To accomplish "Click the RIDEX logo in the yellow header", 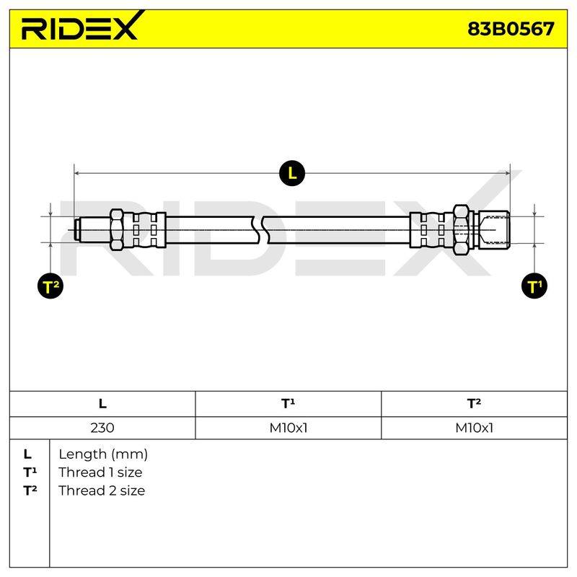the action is [x=83, y=27].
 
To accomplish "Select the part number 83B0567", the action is [x=511, y=29].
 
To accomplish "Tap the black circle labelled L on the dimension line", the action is [x=292, y=173].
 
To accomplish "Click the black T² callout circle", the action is [x=50, y=286].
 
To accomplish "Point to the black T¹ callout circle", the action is [x=534, y=286].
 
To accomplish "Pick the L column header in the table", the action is [x=102, y=404].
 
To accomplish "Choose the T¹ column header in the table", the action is [x=288, y=403].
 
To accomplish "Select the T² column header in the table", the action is [x=474, y=403].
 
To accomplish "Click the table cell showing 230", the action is [x=102, y=428].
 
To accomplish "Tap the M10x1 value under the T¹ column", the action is [x=288, y=428].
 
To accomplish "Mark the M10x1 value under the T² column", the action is [x=474, y=428].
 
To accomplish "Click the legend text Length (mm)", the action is [x=103, y=454].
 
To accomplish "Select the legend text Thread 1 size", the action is [x=100, y=472].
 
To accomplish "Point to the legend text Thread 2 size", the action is [x=102, y=490].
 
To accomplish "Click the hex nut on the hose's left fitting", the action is [x=117, y=230].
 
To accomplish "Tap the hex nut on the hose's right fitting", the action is [x=461, y=230].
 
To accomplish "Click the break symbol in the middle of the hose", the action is [x=260, y=230].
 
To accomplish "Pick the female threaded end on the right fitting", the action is [x=494, y=230].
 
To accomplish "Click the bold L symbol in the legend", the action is [x=27, y=454].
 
